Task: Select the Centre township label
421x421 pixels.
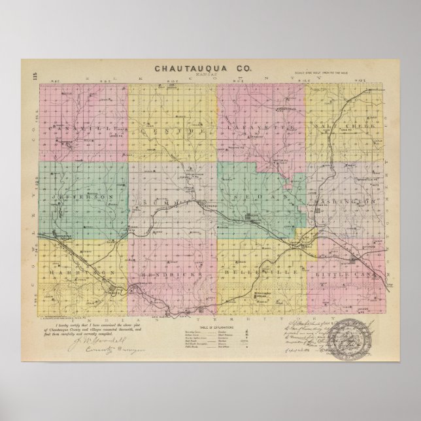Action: click(173, 131)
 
